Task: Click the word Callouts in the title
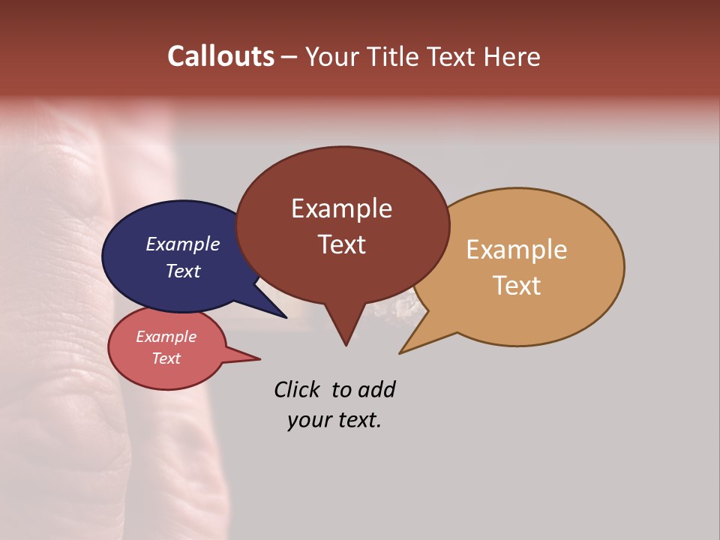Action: point(220,56)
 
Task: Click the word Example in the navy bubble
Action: point(182,244)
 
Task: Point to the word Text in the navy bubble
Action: point(182,271)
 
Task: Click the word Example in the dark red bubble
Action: point(341,208)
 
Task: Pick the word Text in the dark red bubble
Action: point(341,244)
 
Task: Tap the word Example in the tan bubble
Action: point(517,250)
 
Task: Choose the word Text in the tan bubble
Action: point(517,286)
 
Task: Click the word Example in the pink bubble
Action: point(166,337)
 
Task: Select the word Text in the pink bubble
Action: point(166,358)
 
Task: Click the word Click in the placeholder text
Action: point(297,390)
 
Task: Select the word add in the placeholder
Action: point(376,390)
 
